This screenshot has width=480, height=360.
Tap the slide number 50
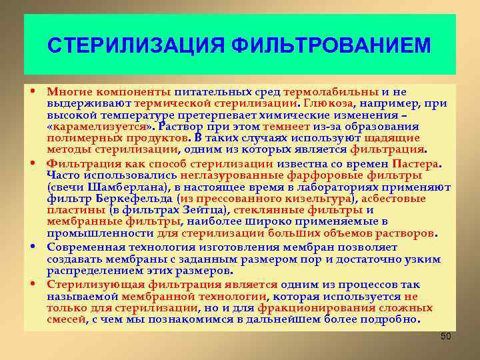point(446,337)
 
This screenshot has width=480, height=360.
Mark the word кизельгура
point(319,199)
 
